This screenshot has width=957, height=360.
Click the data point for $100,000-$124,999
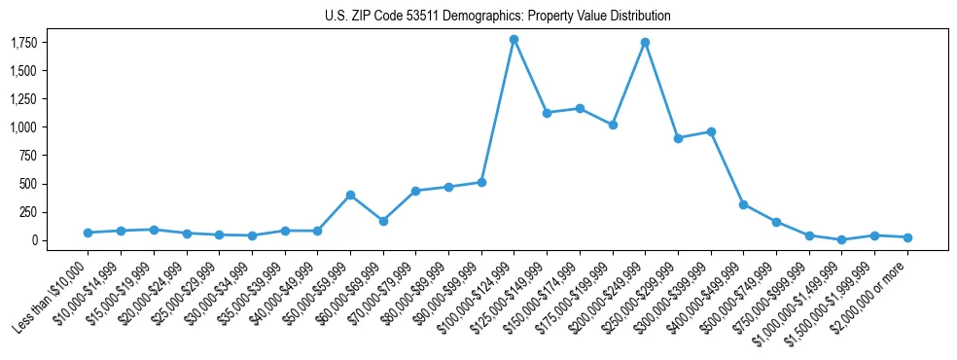click(514, 39)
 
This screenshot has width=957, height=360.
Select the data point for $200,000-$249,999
click(645, 42)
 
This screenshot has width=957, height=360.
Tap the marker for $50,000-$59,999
click(350, 195)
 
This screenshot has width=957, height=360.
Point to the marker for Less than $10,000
click(88, 233)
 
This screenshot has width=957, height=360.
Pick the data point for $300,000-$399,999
click(711, 131)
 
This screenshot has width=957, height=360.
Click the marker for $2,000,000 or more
click(907, 237)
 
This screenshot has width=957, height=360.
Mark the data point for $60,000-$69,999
click(383, 221)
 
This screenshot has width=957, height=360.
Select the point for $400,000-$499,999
click(743, 204)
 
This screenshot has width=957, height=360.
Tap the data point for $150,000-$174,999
click(580, 108)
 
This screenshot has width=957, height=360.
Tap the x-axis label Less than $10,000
click(53, 295)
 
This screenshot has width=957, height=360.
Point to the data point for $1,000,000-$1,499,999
click(841, 239)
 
